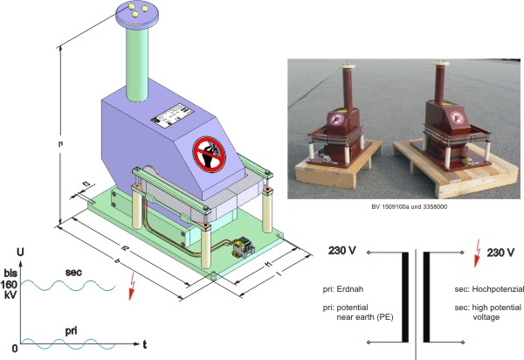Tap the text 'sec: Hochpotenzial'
[479, 286]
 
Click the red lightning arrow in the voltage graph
[132, 287]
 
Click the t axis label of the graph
[145, 344]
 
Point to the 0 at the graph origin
[7, 350]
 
